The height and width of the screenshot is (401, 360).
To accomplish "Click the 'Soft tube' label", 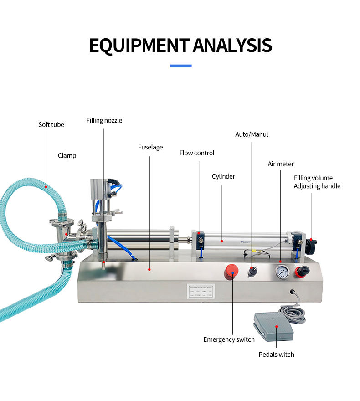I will pos(51,124).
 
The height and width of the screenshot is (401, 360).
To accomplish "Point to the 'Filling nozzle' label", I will pos(104,121).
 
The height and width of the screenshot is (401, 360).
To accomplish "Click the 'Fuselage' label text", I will pos(150,147).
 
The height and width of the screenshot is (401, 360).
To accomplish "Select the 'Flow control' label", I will pos(197,153).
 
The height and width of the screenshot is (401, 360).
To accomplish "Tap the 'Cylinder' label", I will pos(223,176).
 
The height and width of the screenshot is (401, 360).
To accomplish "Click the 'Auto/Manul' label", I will pos(252,134).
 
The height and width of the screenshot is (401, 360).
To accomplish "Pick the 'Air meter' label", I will pos(281,164).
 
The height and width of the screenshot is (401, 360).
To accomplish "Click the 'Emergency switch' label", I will pos(229,339).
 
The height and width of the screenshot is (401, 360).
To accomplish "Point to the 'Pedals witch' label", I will pos(276,355).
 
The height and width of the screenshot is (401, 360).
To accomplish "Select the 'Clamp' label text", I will pos(67,156).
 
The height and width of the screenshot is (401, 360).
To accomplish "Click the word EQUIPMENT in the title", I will pos(139,46).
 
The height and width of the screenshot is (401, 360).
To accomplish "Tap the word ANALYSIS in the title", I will pos(232,46).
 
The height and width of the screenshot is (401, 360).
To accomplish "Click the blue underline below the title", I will pos(180,66).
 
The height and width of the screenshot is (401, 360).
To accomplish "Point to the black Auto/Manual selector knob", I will pos(252,271).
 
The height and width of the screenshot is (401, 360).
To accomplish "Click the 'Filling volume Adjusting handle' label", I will pos(317,182).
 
